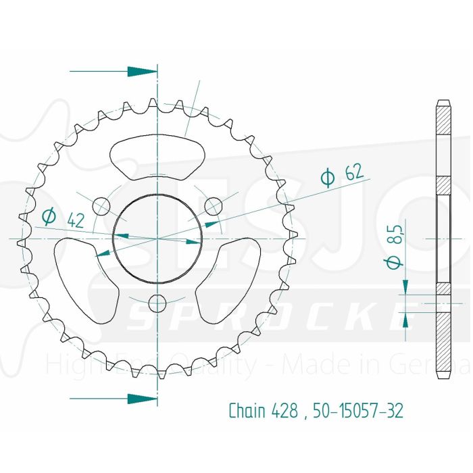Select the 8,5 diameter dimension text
397,247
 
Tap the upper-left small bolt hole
101,205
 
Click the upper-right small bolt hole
212,205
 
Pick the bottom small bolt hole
157,301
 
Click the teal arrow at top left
141,71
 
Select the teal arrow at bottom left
141,399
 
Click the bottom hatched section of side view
443,345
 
